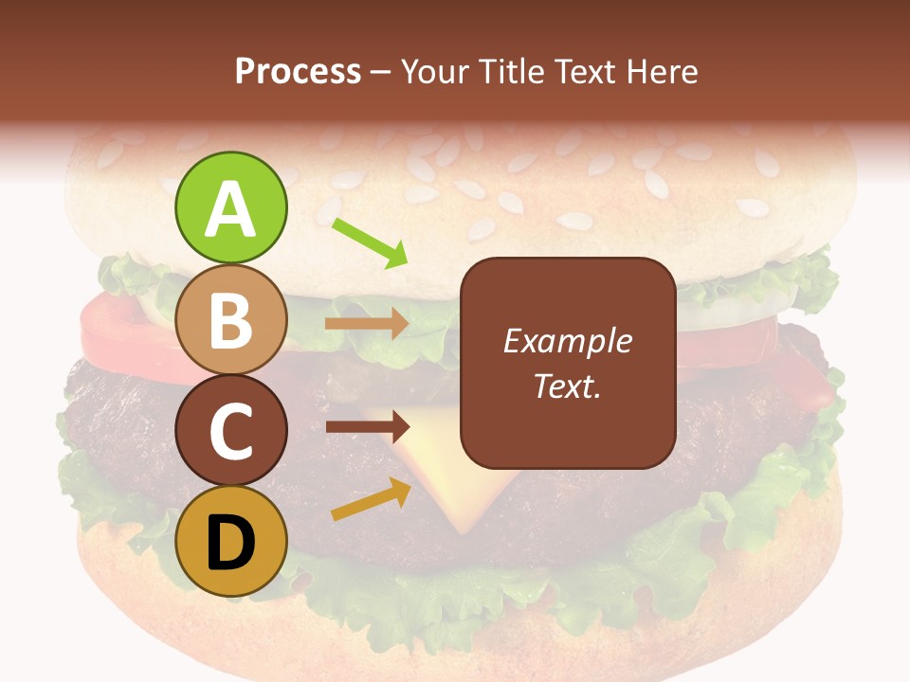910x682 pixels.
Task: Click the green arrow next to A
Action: (371, 242)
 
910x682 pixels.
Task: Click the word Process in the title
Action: (298, 71)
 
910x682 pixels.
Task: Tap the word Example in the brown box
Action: (568, 341)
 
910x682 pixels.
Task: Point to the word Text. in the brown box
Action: (568, 386)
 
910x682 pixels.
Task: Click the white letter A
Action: (230, 208)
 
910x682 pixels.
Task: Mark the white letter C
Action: (230, 432)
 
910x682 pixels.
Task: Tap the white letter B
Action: (230, 320)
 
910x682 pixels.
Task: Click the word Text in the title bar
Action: (582, 71)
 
